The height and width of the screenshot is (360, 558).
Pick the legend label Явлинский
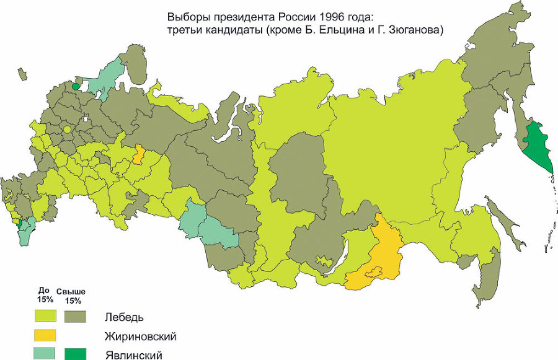point(133,355)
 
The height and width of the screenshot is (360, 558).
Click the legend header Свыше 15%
point(71,296)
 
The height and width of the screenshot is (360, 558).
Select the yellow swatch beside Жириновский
point(45,335)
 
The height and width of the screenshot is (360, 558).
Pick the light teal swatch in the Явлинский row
point(45,354)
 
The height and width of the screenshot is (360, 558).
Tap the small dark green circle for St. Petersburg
point(76,87)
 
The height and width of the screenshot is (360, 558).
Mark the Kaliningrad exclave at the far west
point(22,75)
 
